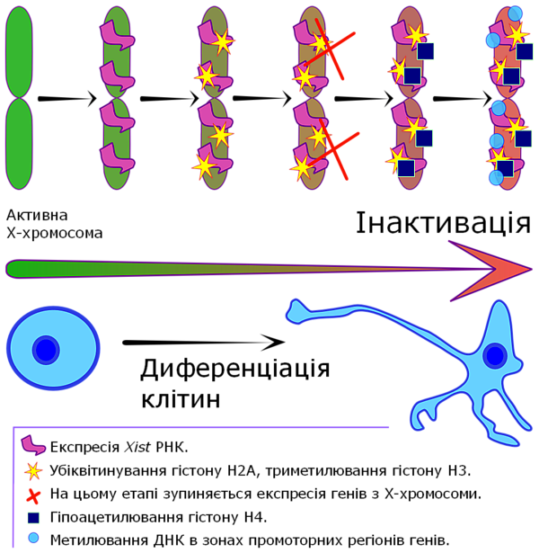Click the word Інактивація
click(443, 223)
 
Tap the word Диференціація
click(235, 369)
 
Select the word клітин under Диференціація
click(181, 399)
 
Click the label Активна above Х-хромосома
click(37, 215)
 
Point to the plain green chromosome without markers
click(20, 98)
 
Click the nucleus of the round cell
click(46, 350)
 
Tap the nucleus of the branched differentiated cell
click(495, 355)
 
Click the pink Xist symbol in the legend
click(32, 445)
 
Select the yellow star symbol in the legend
click(33, 471)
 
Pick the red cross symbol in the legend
click(33, 495)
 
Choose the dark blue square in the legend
click(33, 518)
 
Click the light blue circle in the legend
click(33, 539)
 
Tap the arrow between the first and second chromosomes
click(67, 98)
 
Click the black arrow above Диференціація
click(204, 342)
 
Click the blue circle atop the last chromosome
click(515, 13)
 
